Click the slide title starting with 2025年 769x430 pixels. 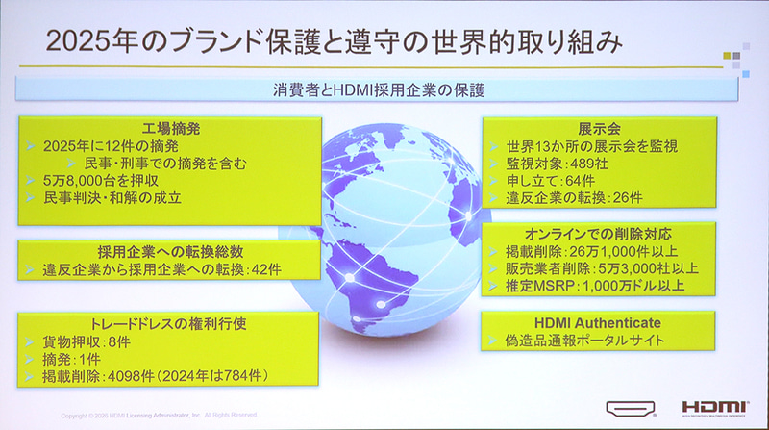point(327,42)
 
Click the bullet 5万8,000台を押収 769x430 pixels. point(100,180)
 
